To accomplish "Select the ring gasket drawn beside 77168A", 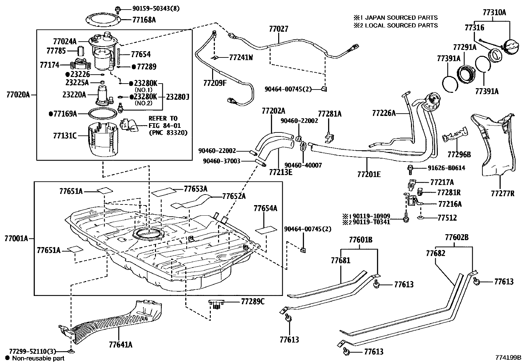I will coord(102,19).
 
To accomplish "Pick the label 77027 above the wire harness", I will coord(278,29).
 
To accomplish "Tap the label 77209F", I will coord(215,83).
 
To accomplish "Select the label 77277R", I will coord(502,193).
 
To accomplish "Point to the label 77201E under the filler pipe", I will coord(369,174).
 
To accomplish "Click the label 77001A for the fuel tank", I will coord(17,238).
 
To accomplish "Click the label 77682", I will coord(435,253).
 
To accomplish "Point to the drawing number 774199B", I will coord(508,357).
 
